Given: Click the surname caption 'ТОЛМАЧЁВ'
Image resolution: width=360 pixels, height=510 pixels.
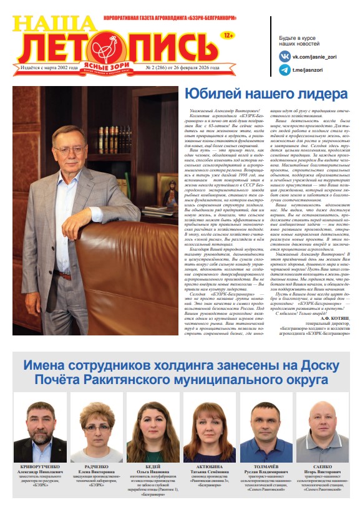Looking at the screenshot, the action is coord(265,466).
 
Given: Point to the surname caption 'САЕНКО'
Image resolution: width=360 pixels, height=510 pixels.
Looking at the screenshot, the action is coord(322,466).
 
